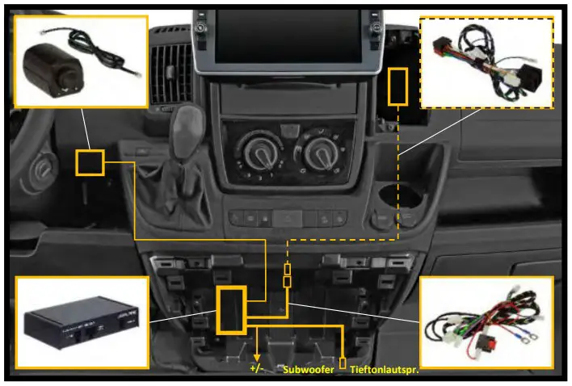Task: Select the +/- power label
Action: (257, 368)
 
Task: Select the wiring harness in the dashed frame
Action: (487, 62)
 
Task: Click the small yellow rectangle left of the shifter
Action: (90, 162)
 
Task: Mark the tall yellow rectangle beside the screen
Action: (397, 86)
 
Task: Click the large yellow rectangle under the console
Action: (230, 309)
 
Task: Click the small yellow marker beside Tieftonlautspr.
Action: (343, 363)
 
